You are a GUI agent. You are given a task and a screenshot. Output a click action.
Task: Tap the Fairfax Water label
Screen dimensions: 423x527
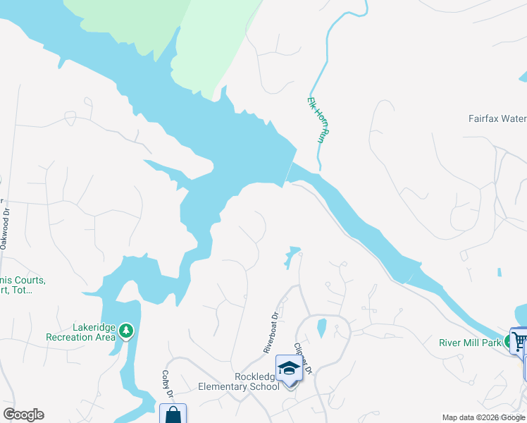pyautogui.click(x=497, y=119)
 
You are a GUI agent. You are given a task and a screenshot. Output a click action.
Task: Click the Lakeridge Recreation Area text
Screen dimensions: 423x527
pyautogui.click(x=80, y=332)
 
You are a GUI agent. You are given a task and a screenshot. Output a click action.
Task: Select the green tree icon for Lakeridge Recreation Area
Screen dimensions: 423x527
pyautogui.click(x=126, y=330)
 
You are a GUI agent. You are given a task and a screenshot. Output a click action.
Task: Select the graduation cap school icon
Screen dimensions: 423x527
pyautogui.click(x=288, y=369)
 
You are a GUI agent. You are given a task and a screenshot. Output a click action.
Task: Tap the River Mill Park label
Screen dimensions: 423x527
pyautogui.click(x=469, y=343)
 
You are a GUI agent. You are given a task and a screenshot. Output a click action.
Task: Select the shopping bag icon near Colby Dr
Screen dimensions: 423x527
pyautogui.click(x=173, y=415)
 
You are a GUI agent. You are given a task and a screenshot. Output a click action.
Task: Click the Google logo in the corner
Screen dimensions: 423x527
pyautogui.click(x=23, y=415)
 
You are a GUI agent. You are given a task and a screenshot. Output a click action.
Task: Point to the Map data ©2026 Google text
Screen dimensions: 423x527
pyautogui.click(x=483, y=417)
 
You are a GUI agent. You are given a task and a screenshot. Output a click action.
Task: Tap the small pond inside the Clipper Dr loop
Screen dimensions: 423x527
pyautogui.click(x=321, y=327)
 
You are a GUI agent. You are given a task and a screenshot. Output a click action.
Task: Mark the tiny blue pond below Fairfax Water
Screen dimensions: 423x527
pyautogui.click(x=499, y=271)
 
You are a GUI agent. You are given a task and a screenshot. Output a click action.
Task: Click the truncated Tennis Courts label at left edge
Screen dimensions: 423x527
pyautogui.click(x=23, y=285)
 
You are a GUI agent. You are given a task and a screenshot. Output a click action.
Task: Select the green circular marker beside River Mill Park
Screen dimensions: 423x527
pyautogui.click(x=512, y=342)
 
